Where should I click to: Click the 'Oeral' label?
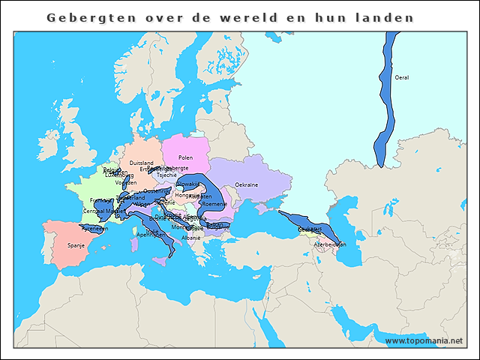pyautogui.click(x=402, y=77)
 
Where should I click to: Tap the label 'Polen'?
pyautogui.click(x=185, y=157)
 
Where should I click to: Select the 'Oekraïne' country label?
pyautogui.click(x=247, y=184)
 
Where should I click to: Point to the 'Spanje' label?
pyautogui.click(x=76, y=244)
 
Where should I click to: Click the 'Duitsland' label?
pyautogui.click(x=141, y=163)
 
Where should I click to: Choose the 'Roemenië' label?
pyautogui.click(x=214, y=204)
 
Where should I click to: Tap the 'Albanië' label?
pyautogui.click(x=191, y=238)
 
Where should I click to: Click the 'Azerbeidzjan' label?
pyautogui.click(x=330, y=244)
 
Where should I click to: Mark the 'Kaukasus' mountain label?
pyautogui.click(x=309, y=228)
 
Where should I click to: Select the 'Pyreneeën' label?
pyautogui.click(x=94, y=228)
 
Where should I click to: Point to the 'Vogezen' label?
pyautogui.click(x=126, y=183)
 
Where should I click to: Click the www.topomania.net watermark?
pyautogui.click(x=424, y=340)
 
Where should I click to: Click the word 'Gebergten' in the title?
pyautogui.click(x=82, y=17)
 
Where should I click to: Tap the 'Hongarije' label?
pyautogui.click(x=187, y=195)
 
